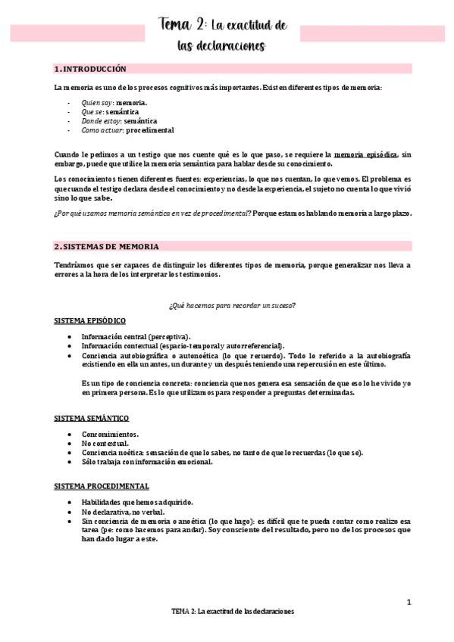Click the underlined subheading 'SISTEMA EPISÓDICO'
[90, 321]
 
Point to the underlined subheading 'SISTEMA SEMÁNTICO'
[92, 418]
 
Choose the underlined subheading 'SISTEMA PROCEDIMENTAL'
[102, 486]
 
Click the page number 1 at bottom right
[409, 602]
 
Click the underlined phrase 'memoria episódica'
[365, 154]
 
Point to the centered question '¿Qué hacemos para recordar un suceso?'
[232, 305]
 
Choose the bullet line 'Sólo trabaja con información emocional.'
[147, 461]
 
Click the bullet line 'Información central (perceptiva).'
[136, 336]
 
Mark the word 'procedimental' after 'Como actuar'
[150, 129]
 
